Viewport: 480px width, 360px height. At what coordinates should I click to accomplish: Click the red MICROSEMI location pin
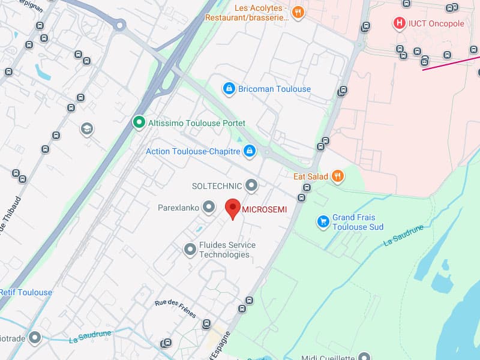233,209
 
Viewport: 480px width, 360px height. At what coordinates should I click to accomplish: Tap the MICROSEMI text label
264,209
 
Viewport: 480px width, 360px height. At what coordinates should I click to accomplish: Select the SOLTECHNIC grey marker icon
251,185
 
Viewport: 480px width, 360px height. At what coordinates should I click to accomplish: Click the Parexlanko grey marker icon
208,208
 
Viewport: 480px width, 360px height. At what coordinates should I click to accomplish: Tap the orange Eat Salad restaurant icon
338,176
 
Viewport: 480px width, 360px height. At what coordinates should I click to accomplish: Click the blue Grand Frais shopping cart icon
323,222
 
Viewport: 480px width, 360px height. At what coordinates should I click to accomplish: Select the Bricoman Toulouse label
274,89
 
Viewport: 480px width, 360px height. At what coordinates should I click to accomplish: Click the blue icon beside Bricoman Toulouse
228,89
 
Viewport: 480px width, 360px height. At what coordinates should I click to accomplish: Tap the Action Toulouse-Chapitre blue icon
250,151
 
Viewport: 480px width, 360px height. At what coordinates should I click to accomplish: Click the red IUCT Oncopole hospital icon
399,23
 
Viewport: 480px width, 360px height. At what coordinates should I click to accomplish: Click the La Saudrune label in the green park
404,235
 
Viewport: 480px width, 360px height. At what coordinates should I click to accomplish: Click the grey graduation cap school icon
87,128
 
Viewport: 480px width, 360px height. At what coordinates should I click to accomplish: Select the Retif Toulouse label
26,292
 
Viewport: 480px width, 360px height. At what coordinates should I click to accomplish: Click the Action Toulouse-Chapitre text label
193,151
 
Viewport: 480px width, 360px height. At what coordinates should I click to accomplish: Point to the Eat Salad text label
311,176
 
